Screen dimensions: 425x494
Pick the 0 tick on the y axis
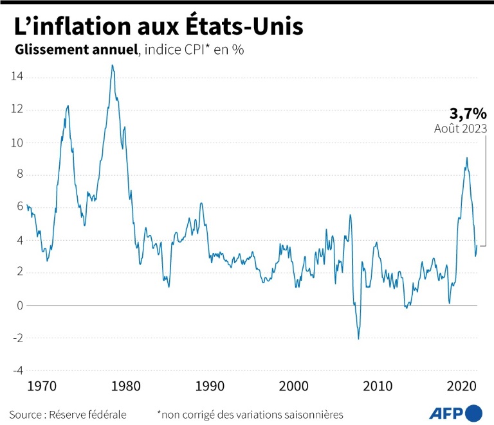[19, 305]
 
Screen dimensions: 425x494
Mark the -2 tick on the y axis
[17, 338]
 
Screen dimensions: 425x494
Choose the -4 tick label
[17, 370]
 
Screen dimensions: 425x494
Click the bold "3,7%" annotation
[468, 114]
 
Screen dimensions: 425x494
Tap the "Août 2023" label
[461, 128]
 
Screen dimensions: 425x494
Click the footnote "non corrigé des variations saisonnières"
[253, 414]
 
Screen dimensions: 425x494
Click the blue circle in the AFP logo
[474, 413]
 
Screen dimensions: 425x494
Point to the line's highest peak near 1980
[112, 65]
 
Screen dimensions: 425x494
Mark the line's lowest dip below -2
[358, 338]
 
